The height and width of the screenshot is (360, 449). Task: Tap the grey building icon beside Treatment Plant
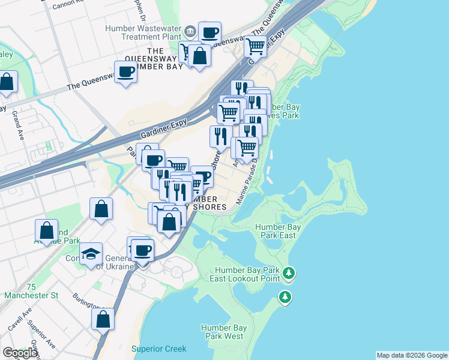point(190,31)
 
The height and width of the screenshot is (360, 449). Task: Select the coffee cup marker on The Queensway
point(126,73)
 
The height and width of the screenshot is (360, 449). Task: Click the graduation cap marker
point(91,254)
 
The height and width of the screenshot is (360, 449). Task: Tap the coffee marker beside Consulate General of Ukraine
point(142,250)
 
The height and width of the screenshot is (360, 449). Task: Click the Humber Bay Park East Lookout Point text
point(245,274)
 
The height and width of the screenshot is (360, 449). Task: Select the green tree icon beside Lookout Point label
point(289,274)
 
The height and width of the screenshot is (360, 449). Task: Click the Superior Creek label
point(159,349)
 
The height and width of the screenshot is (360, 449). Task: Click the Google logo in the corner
point(20,353)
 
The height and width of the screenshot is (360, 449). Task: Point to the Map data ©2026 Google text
point(412,355)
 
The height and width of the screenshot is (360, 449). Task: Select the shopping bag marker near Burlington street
point(103,319)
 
